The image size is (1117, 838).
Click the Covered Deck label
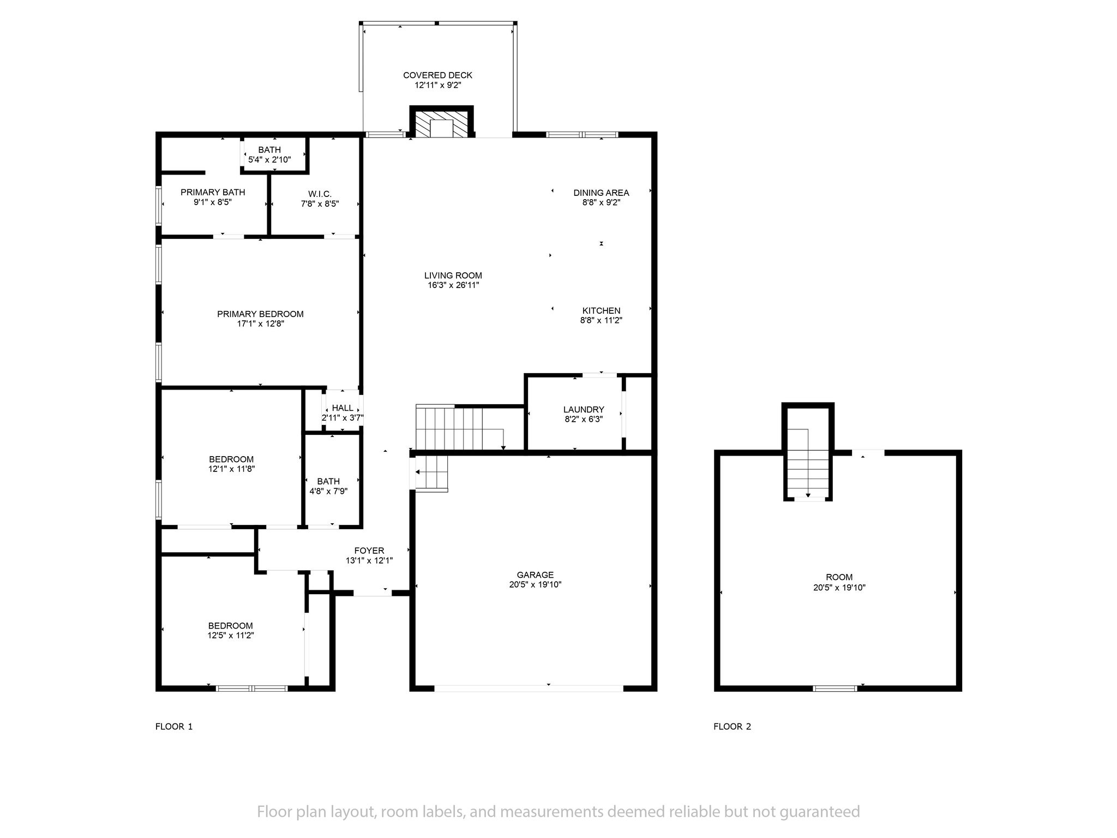437,75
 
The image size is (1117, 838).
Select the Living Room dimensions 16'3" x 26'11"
453,285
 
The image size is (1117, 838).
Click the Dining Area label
601,193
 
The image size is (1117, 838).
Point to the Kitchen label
601,311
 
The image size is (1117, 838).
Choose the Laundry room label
584,410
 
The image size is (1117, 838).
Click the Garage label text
535,575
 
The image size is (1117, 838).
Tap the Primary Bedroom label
260,314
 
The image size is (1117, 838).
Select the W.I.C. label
320,194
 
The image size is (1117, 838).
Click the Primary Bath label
213,193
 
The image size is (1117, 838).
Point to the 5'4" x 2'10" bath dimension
269,160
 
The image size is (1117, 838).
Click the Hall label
343,408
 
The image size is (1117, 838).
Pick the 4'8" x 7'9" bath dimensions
328,491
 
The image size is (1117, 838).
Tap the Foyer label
369,551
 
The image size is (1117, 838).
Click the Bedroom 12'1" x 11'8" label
231,459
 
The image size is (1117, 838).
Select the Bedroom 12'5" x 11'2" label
231,626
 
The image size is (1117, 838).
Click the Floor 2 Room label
839,577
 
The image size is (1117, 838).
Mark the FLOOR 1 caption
174,727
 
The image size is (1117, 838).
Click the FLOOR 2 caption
732,727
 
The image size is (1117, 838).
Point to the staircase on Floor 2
808,464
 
